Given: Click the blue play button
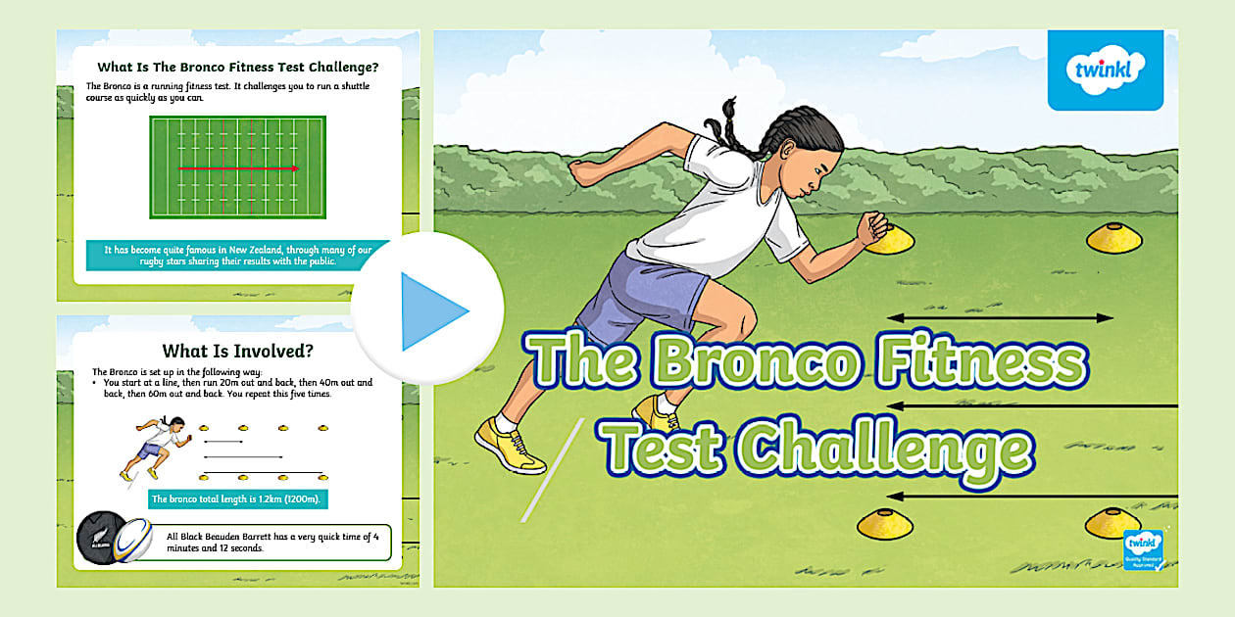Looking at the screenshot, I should click(x=428, y=310).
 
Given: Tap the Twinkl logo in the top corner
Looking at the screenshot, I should click(x=1105, y=71).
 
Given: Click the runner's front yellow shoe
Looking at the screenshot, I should click(x=509, y=445).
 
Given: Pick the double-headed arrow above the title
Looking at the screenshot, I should click(x=1000, y=317).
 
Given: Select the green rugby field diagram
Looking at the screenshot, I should click(x=237, y=167).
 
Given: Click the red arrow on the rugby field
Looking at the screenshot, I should click(x=238, y=168).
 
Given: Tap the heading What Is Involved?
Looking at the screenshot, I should click(x=230, y=351).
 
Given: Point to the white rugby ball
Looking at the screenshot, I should click(x=133, y=540).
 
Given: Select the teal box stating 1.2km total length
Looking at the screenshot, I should click(x=237, y=499).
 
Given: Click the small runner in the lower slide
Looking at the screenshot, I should click(x=154, y=447).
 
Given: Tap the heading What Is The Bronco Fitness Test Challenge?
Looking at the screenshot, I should click(x=237, y=68).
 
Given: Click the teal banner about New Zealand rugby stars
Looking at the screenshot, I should click(x=237, y=256).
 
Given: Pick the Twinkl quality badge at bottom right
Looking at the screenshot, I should click(x=1142, y=548).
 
